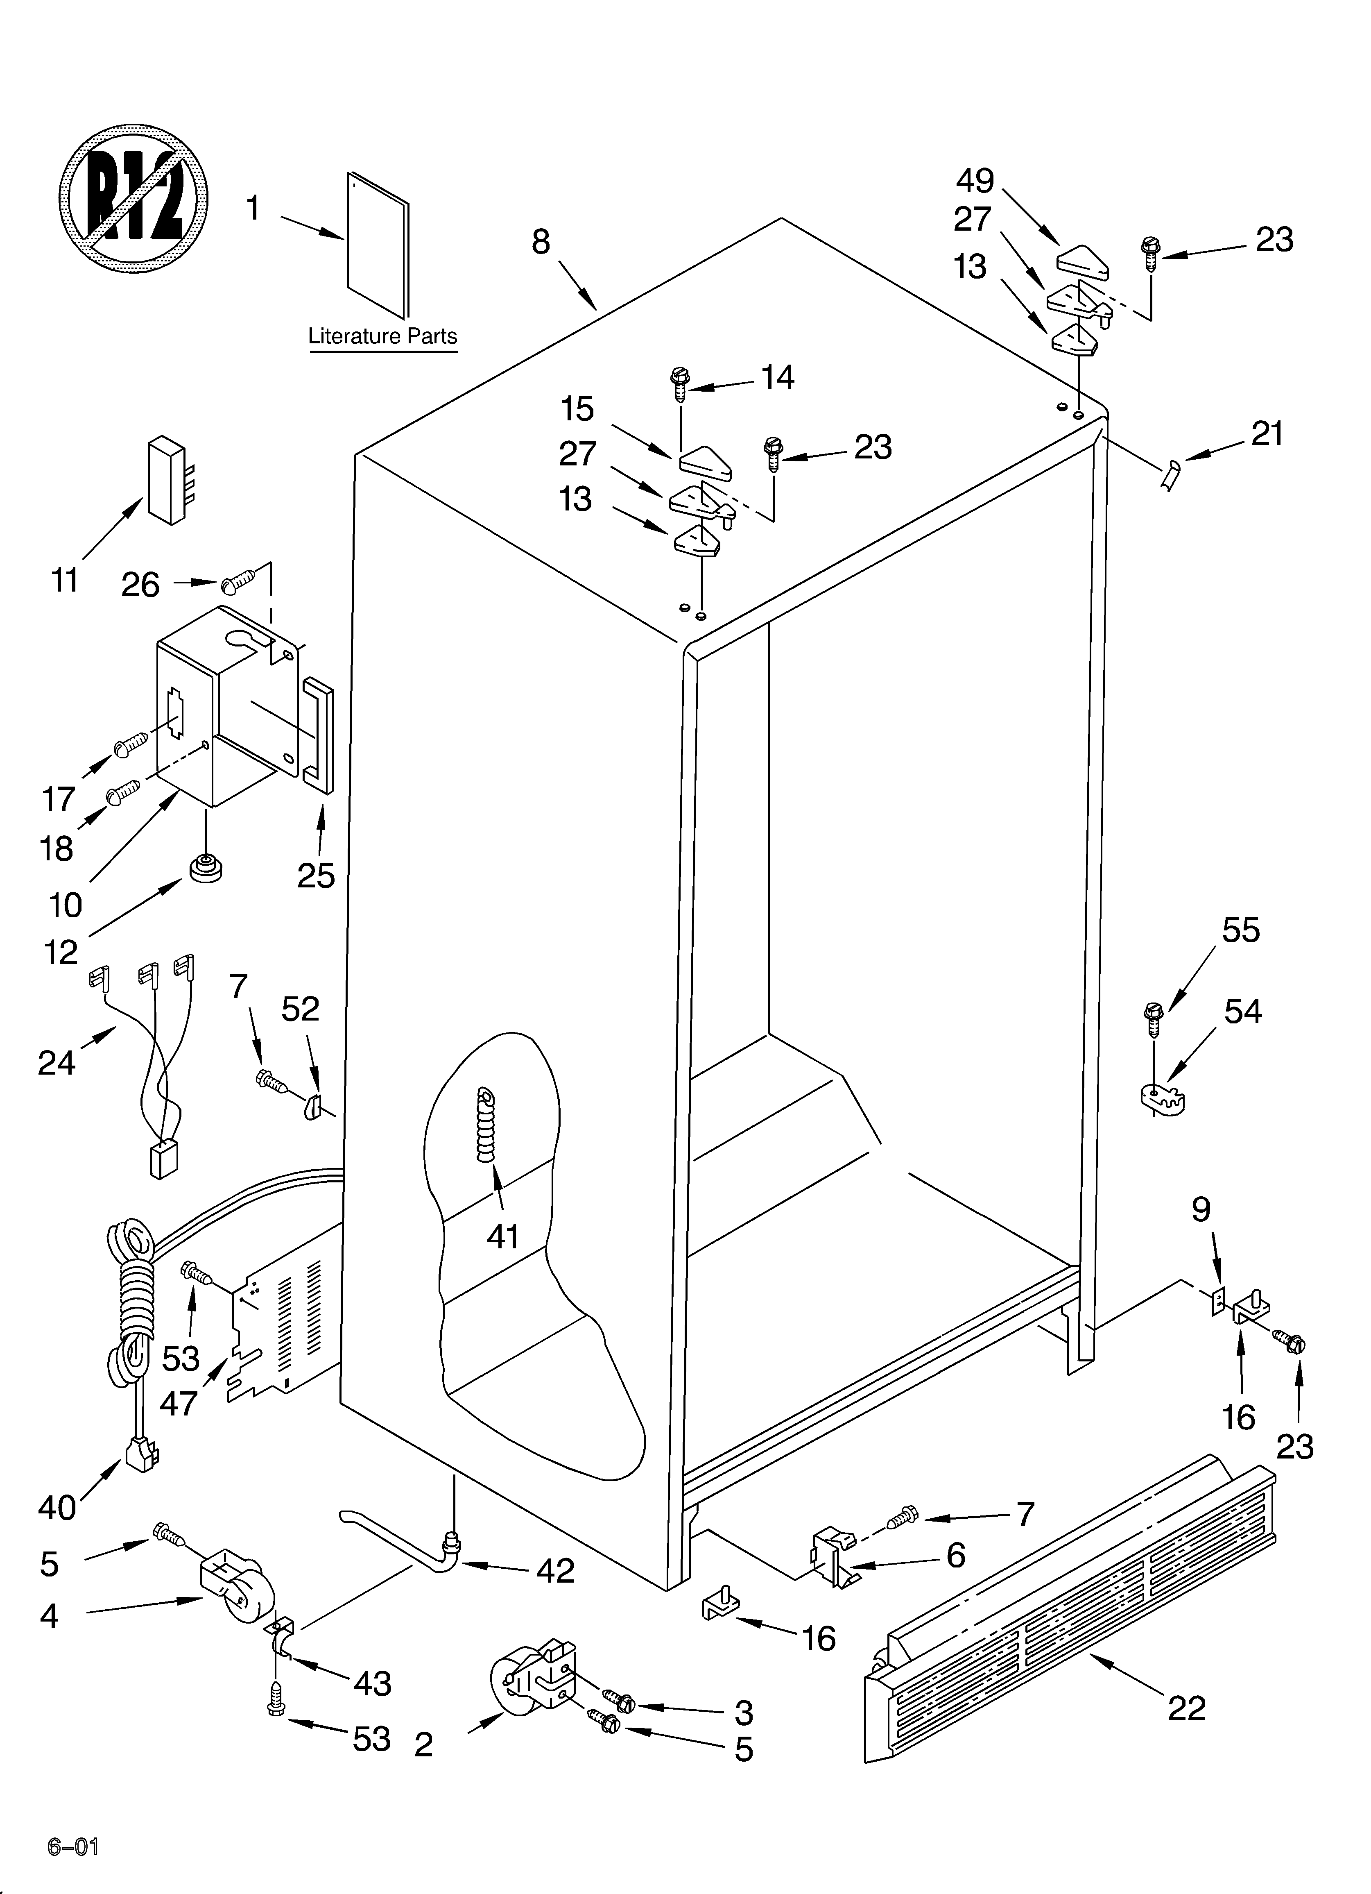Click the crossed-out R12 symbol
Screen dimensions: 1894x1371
coord(133,199)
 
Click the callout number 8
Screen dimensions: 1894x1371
coord(541,242)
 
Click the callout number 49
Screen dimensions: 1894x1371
coord(974,180)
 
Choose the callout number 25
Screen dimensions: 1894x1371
coord(316,875)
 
